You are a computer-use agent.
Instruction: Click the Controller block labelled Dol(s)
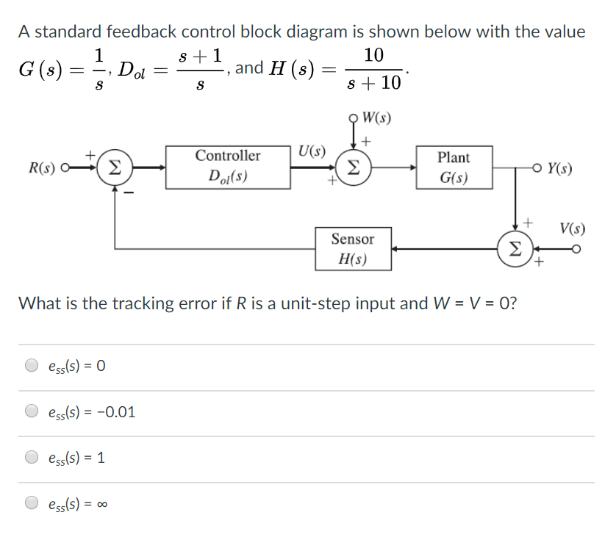coord(227,167)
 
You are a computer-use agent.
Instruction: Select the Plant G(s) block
coord(454,168)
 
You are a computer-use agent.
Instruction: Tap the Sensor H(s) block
coord(353,248)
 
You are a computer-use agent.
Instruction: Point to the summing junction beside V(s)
coord(516,248)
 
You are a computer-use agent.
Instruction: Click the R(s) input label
coord(42,167)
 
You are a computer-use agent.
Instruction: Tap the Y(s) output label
coord(559,168)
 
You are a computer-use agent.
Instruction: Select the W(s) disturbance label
coord(376,118)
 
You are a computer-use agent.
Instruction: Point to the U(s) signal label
coord(312,152)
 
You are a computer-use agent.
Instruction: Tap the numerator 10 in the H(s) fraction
coord(373,55)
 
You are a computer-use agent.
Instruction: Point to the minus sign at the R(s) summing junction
coord(128,193)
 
